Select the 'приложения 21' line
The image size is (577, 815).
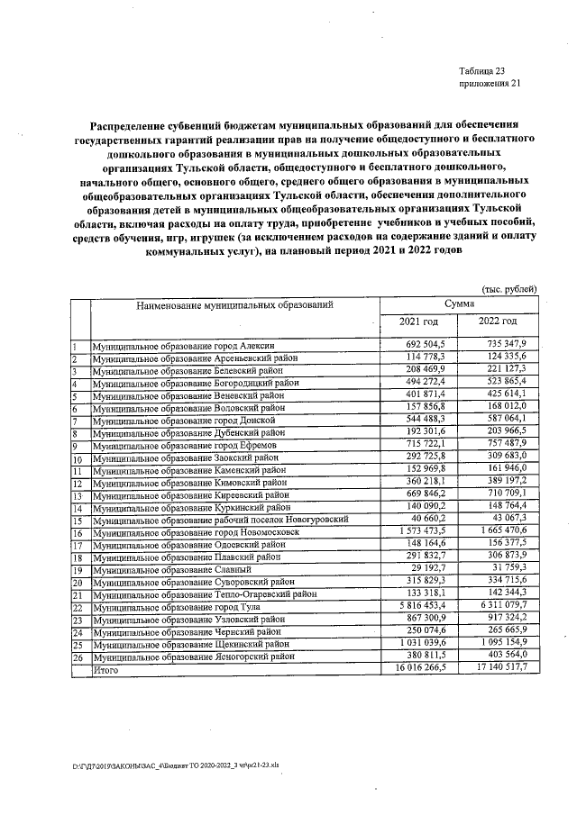(489, 85)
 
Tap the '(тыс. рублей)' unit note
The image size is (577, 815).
(508, 288)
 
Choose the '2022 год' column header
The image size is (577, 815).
(498, 322)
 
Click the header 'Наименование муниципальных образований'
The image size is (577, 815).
(234, 306)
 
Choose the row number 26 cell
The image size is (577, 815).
(79, 658)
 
